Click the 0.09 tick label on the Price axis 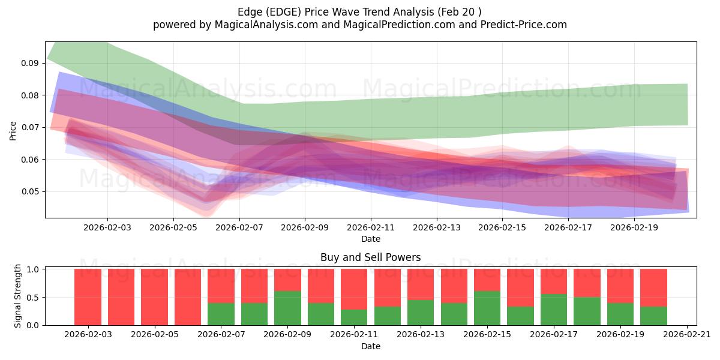(31, 63)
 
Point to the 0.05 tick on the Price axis (31, 191)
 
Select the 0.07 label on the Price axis (31, 127)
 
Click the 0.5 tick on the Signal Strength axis (33, 297)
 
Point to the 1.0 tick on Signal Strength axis (33, 269)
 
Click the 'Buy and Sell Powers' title (370, 257)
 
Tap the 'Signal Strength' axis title (18, 295)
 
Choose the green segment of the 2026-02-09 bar (287, 308)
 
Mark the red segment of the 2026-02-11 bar (354, 289)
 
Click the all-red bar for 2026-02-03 (88, 297)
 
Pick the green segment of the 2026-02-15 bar (487, 308)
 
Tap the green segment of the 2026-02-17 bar (554, 309)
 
